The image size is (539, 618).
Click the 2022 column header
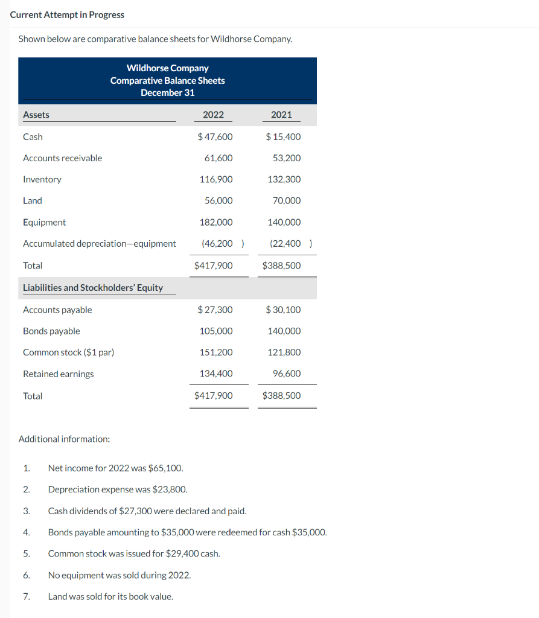point(213,115)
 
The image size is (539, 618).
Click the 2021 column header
point(281,115)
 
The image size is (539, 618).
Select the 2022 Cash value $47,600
point(215,137)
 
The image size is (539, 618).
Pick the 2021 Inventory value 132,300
point(284,179)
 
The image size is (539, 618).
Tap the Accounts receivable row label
point(62,158)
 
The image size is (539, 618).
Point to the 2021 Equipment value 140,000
point(284,222)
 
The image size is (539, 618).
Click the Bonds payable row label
point(51,331)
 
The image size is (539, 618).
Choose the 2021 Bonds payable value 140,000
point(284,331)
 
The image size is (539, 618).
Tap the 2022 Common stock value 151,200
point(215,352)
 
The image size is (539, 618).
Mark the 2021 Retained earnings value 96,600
point(286,374)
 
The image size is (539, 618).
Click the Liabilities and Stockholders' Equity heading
point(93,288)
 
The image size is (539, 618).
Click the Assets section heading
point(36,115)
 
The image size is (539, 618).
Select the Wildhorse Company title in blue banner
point(167,68)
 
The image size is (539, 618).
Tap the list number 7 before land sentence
point(26,596)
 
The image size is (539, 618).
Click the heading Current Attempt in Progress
point(67,14)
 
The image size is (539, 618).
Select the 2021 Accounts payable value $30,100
point(283,310)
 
